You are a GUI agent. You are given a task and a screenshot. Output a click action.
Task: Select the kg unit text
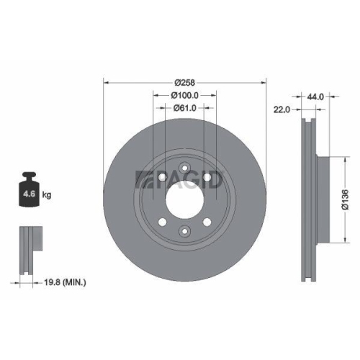tap(47, 194)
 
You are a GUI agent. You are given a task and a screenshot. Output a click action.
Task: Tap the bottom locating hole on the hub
tap(184, 231)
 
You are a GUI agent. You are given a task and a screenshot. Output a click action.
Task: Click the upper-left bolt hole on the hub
tap(164, 176)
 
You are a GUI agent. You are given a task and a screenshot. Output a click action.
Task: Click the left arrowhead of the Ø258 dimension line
tap(107, 81)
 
